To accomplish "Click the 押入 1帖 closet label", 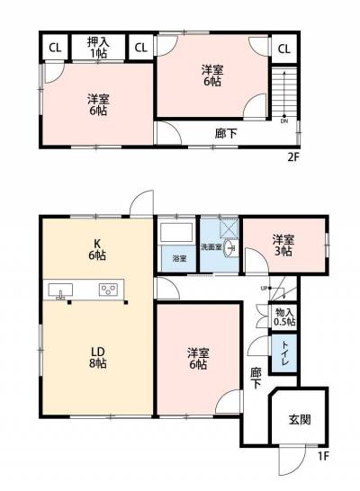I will point(98,47).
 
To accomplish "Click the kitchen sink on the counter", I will point(61,290).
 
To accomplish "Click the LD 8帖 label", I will point(96,355).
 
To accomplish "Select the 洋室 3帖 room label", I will point(283,245).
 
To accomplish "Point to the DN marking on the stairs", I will point(285,121).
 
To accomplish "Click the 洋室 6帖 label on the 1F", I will point(198,358).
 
